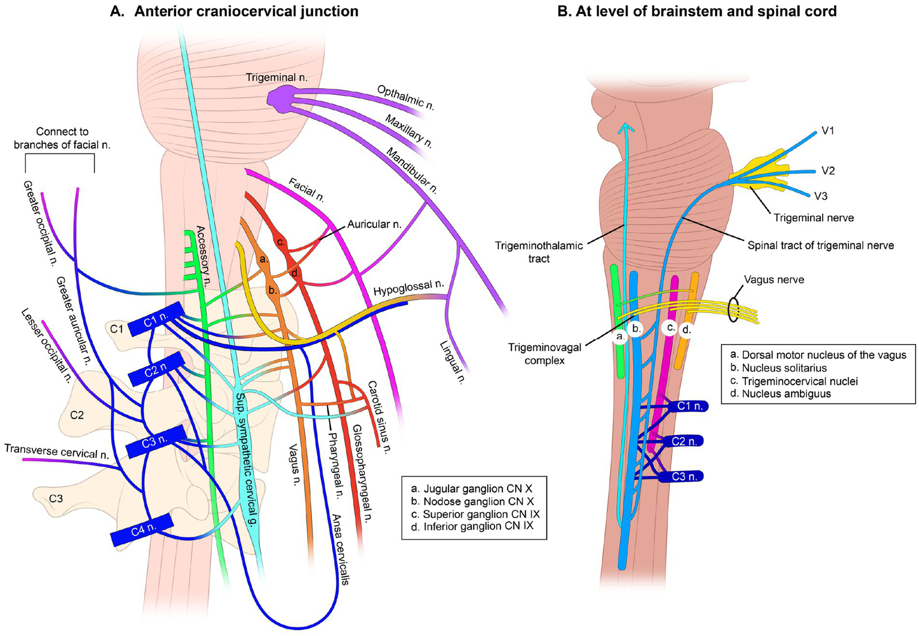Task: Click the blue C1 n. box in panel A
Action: click(x=155, y=322)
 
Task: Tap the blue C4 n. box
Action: click(x=142, y=529)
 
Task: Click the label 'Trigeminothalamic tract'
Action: click(x=538, y=252)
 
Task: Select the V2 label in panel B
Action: click(x=828, y=171)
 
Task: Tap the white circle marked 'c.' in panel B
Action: click(x=671, y=328)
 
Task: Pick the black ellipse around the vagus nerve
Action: click(x=733, y=309)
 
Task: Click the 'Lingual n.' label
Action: click(x=451, y=362)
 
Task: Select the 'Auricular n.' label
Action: click(x=374, y=225)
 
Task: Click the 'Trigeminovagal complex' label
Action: click(x=544, y=354)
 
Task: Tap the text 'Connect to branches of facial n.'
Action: click(x=62, y=138)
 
